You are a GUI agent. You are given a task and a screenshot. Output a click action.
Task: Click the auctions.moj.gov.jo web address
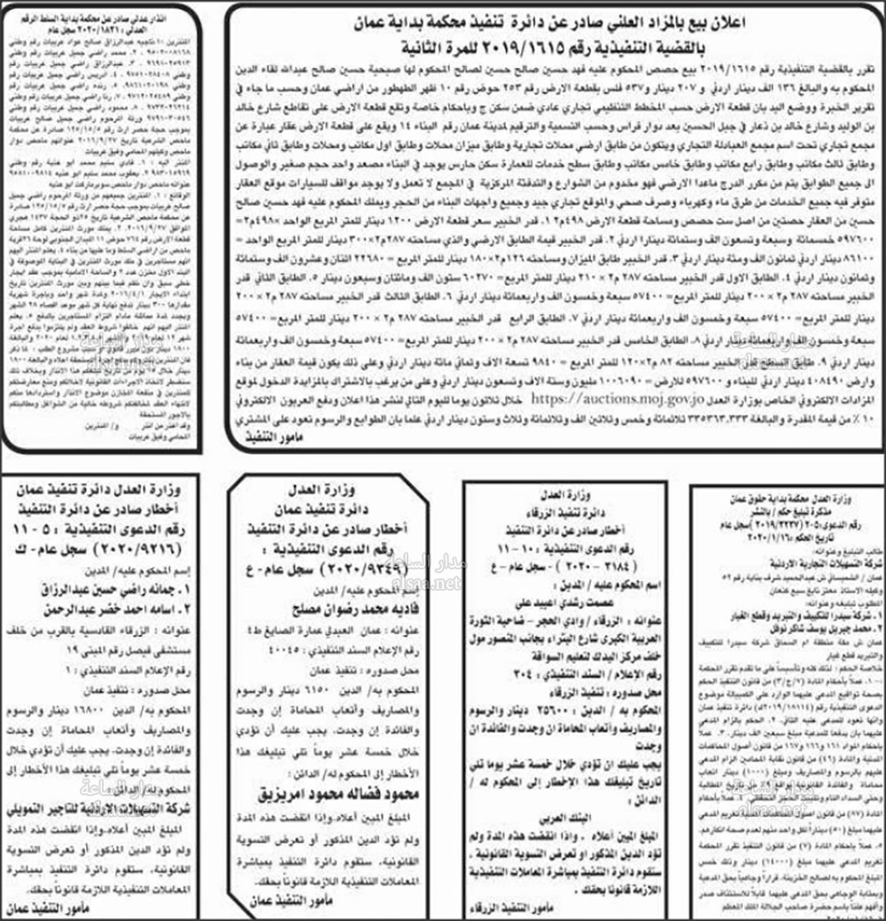point(605,400)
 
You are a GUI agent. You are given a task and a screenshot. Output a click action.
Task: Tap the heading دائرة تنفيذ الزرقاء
point(576,508)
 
